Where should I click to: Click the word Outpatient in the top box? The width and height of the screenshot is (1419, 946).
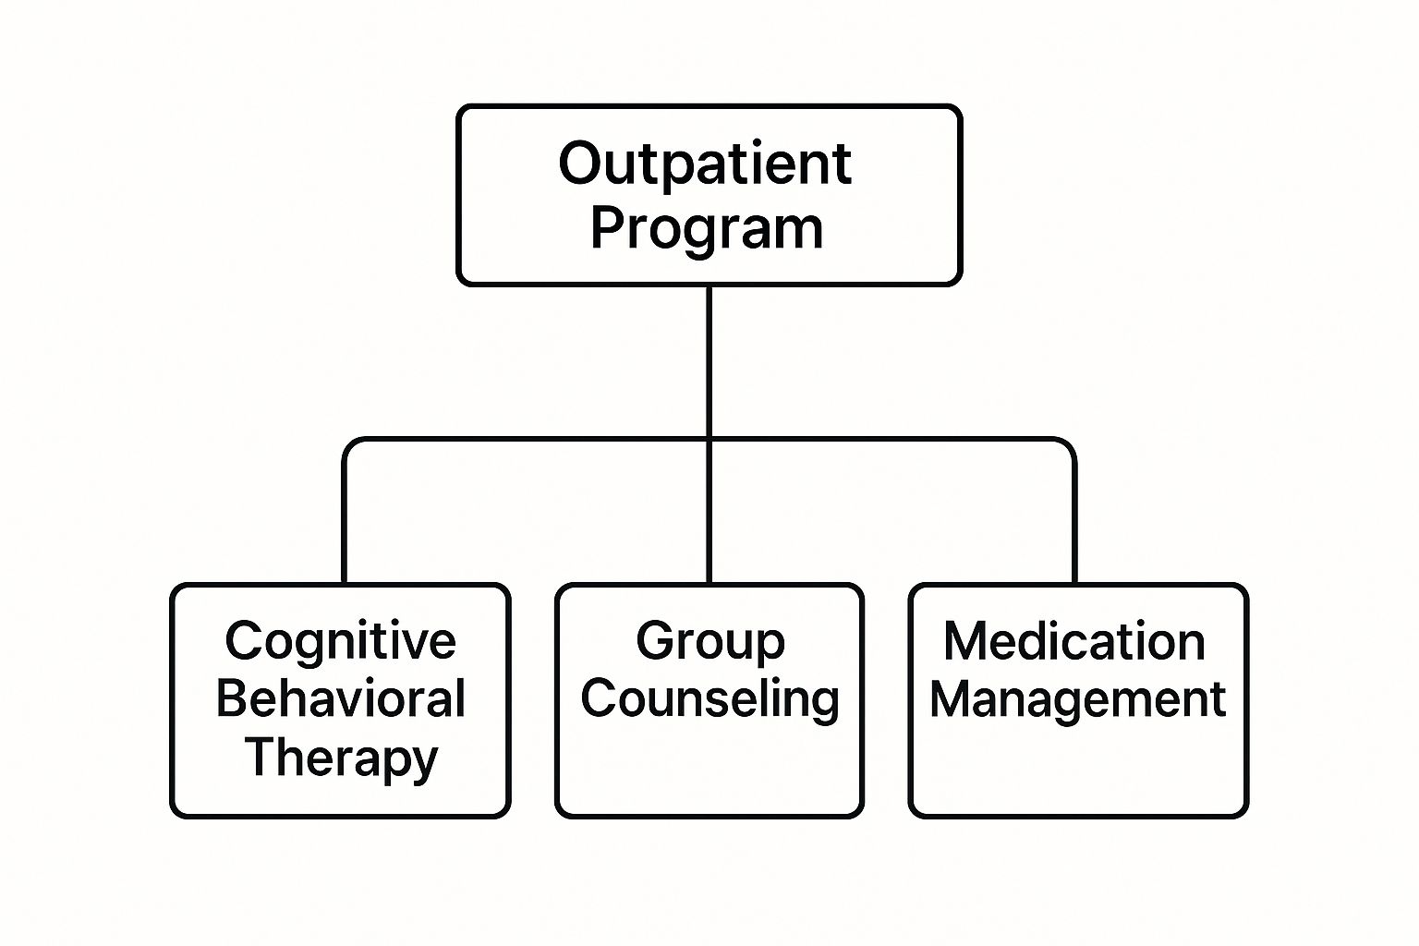705,164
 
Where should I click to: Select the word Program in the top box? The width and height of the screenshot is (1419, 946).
707,228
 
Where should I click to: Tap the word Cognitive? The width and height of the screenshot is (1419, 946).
340,641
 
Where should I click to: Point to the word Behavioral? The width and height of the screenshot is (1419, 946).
340,698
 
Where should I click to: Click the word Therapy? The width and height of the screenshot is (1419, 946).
340,758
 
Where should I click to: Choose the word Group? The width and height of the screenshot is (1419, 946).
709,641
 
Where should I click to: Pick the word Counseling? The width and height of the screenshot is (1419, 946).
709,698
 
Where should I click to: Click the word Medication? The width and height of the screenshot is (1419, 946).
1074,641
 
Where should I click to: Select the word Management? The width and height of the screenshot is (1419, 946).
1077,698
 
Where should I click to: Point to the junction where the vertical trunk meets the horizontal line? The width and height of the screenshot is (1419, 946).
709,440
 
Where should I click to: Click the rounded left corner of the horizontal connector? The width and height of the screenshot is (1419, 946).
349,444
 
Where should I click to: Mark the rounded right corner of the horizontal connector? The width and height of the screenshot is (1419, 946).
1070,444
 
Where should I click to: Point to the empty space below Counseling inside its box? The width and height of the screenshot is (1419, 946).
709,767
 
